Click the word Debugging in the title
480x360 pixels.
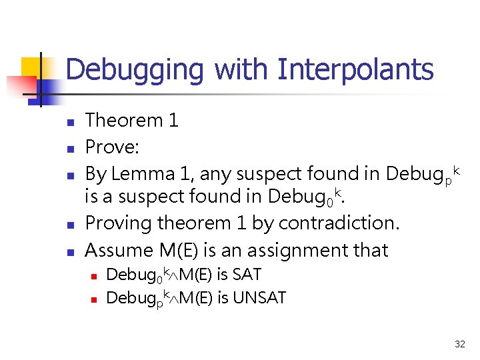pos(135,70)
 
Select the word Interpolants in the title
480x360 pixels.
pos(355,69)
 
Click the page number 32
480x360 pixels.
pos(459,344)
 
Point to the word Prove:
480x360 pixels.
pos(113,147)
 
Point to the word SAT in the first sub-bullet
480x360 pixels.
pos(247,274)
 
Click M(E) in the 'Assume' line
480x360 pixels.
pos(177,250)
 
